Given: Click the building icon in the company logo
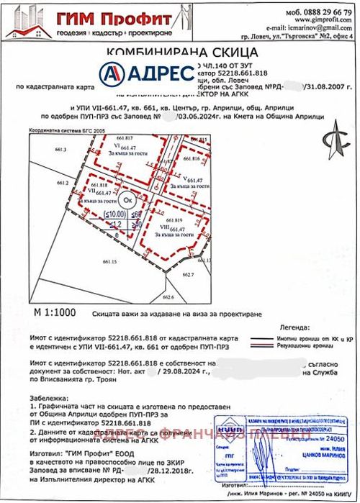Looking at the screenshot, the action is (x=27, y=20).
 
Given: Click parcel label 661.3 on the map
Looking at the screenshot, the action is (x=60, y=150).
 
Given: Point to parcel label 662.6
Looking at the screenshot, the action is (x=169, y=296).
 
